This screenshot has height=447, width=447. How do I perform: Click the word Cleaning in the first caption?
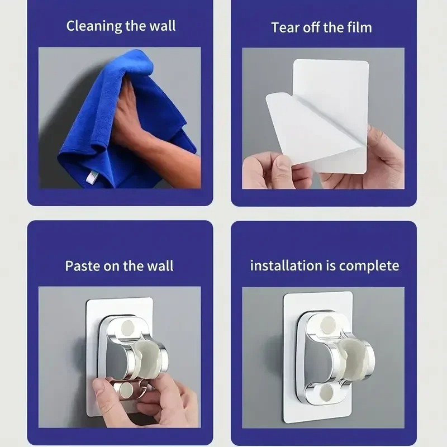[90, 26]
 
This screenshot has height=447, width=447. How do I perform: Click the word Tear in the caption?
[283, 27]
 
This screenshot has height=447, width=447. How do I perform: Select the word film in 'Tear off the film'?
[358, 27]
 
